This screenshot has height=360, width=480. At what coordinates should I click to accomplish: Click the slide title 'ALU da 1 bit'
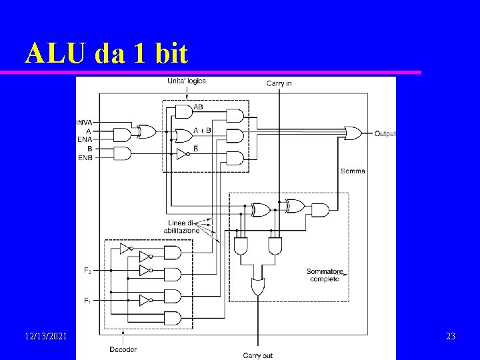[107, 53]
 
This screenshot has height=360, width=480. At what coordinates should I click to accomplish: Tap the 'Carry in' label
[279, 83]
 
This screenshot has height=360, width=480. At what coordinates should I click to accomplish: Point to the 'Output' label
[385, 133]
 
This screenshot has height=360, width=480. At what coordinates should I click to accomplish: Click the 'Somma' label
[353, 171]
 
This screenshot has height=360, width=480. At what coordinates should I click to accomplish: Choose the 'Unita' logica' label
[186, 81]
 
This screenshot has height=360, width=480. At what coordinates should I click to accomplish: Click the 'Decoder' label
[123, 349]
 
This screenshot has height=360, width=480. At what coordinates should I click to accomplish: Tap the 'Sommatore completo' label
[323, 275]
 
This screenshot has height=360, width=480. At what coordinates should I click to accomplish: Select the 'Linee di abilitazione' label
[181, 226]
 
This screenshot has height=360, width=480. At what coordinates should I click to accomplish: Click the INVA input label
[84, 122]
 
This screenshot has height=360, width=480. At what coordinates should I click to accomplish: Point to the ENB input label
[85, 157]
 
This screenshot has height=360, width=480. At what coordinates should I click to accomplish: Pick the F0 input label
[87, 270]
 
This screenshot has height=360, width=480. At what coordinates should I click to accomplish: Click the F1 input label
[87, 301]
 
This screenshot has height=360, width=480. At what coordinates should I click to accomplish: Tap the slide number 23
[450, 337]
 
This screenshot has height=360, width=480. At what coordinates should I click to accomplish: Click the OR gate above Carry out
[257, 287]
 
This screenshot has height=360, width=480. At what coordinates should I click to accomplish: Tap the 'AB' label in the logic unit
[198, 107]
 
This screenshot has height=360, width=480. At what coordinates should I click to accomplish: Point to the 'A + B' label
[202, 130]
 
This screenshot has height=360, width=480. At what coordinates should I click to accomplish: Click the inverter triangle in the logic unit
[180, 154]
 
